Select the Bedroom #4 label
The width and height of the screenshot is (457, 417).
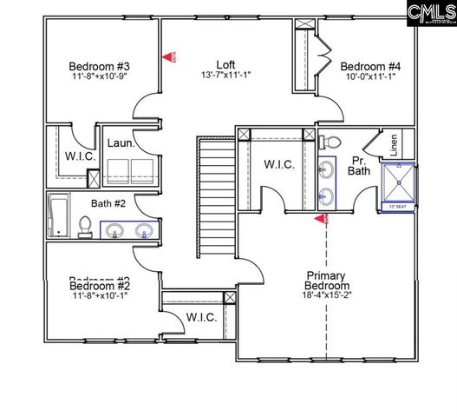369,66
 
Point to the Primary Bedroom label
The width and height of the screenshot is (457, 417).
328,281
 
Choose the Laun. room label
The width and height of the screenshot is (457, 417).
120,143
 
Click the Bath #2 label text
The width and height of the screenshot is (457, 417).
109,204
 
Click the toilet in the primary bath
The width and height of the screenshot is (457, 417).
334,141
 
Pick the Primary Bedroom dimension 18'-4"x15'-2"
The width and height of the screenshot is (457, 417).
328,294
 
